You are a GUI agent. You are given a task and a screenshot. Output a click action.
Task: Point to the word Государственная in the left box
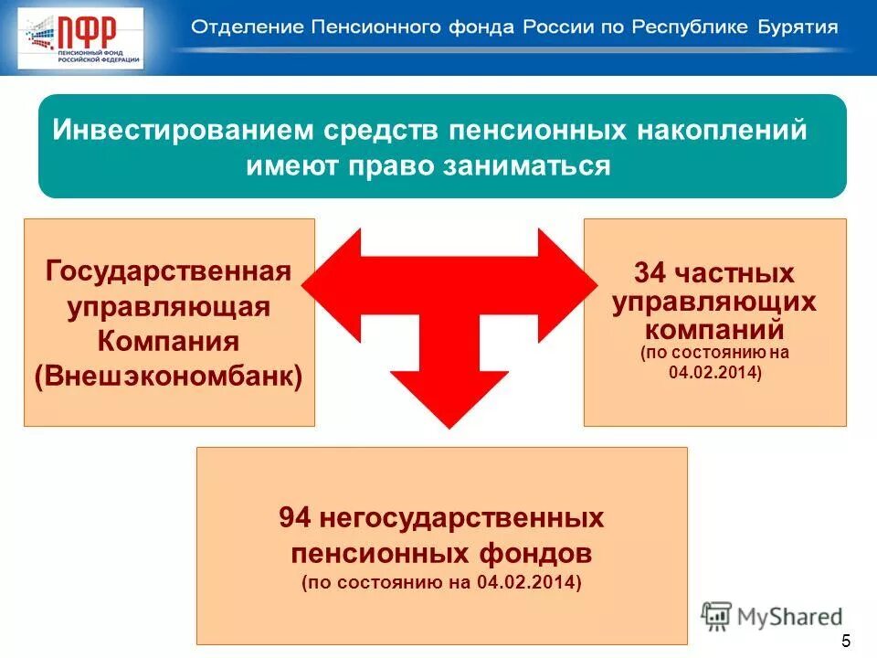coord(169,271)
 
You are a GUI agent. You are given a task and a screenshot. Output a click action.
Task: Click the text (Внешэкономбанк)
coord(169,377)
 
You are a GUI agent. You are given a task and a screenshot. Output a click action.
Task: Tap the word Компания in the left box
coord(169,341)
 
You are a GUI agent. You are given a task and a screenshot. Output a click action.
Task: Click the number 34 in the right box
coord(651,273)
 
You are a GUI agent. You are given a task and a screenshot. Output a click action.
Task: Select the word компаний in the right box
coord(714,326)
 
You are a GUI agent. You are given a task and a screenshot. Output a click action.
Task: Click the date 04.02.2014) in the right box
coord(714,373)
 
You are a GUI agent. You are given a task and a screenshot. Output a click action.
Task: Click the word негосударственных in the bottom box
coord(460,518)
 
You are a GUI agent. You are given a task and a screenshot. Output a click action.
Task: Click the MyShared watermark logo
coord(772,617)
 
